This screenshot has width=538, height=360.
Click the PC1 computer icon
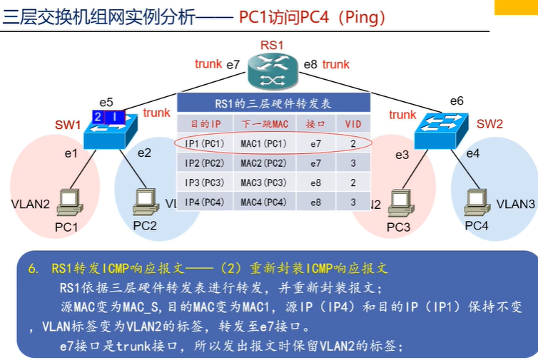tap(69, 202)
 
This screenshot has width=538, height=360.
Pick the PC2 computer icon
tap(145, 202)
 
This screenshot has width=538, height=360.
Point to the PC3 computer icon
tap(398, 202)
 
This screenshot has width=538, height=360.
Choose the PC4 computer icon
tap(476, 201)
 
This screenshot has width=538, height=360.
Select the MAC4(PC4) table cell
tap(263, 202)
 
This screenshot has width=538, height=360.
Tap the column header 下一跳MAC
tap(263, 123)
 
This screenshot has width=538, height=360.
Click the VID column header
tap(353, 123)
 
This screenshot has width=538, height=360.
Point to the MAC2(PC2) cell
tap(263, 163)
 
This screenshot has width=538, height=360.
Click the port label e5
tap(106, 103)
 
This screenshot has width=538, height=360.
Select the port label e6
tap(457, 101)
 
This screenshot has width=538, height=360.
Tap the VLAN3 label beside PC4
tap(516, 204)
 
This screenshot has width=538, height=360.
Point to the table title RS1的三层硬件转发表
tap(273, 104)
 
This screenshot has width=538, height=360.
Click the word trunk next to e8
tap(335, 64)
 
